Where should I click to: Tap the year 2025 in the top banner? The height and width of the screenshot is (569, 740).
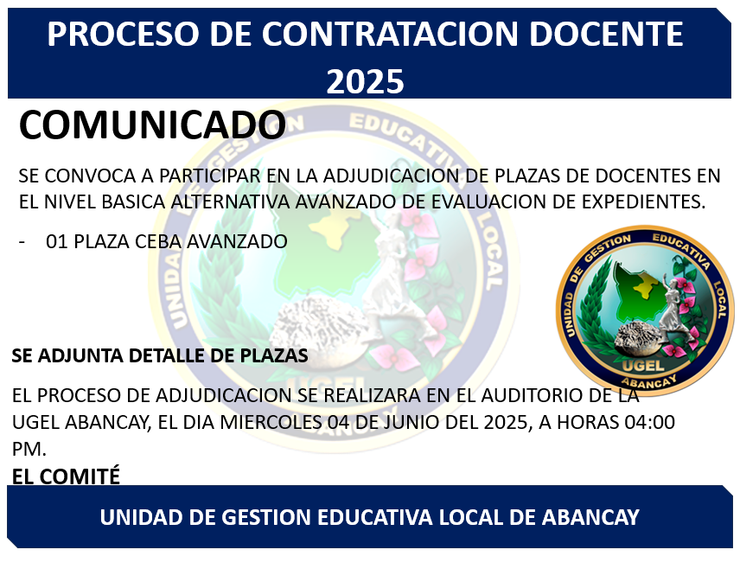point(365,81)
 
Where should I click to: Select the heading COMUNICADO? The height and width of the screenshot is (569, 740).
point(152,125)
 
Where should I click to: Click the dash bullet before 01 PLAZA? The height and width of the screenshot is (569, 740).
point(22,242)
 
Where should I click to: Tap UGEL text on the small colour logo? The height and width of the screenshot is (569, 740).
point(643,365)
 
